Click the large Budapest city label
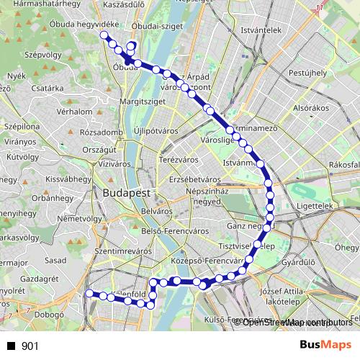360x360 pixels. (126, 194)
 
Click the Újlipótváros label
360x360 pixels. (156, 132)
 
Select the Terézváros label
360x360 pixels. (178, 159)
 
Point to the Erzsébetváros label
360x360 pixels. (194, 179)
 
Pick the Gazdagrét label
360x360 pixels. (40, 278)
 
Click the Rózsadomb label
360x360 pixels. (102, 132)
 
